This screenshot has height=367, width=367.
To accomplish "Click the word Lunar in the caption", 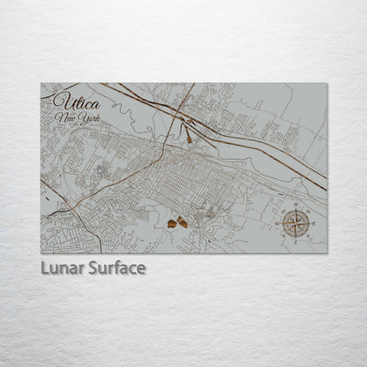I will pyautogui.click(x=63, y=266).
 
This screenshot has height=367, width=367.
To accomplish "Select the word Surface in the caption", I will pyautogui.click(x=116, y=266).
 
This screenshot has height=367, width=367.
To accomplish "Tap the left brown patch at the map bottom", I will pyautogui.click(x=171, y=225).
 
